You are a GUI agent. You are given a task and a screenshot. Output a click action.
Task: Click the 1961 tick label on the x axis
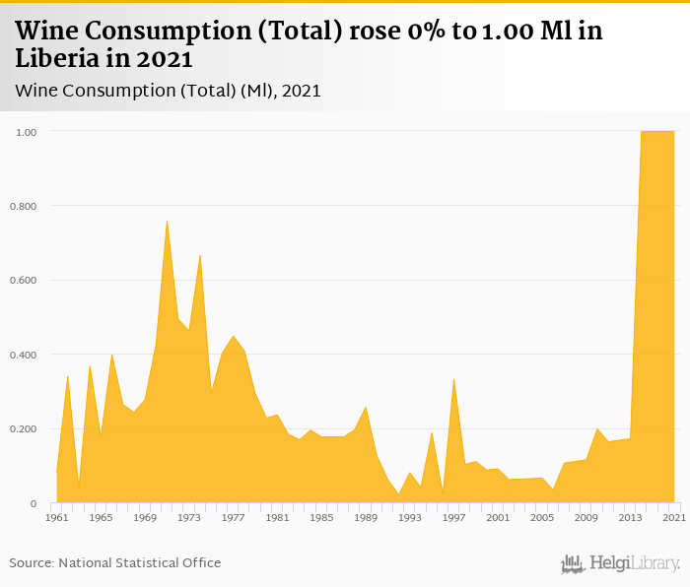click(x=57, y=517)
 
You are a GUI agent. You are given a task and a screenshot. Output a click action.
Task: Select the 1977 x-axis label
click(x=234, y=517)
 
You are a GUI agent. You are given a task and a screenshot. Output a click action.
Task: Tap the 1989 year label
click(x=366, y=517)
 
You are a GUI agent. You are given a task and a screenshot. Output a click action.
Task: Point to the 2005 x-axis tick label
click(x=542, y=517)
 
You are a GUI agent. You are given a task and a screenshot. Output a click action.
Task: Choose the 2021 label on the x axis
click(x=675, y=517)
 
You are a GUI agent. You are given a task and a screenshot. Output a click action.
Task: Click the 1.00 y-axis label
click(x=27, y=131)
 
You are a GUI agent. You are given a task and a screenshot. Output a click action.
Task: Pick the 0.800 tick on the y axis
click(x=25, y=206)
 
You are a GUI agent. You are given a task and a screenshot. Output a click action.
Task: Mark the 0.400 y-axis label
click(x=25, y=355)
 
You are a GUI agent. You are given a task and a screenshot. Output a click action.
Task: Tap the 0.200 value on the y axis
click(x=25, y=429)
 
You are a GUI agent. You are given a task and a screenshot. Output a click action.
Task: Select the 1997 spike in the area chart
click(x=453, y=379)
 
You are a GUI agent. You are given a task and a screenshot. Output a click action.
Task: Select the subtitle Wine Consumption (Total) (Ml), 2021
click(x=169, y=91)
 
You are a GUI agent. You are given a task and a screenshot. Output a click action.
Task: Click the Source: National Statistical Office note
click(x=115, y=562)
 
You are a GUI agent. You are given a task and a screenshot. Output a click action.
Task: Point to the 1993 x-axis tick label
click(x=410, y=517)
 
